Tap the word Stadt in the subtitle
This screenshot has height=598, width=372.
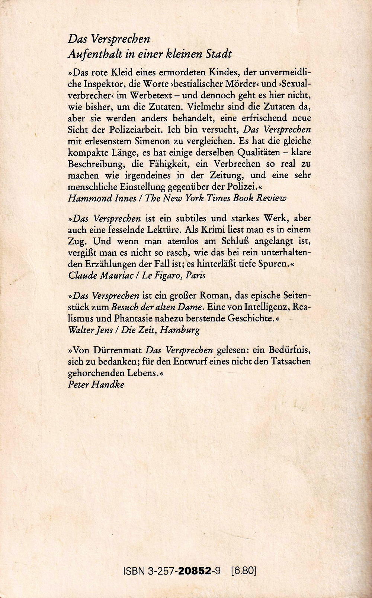tap(218, 54)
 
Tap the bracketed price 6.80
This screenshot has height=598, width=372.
tap(244, 570)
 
